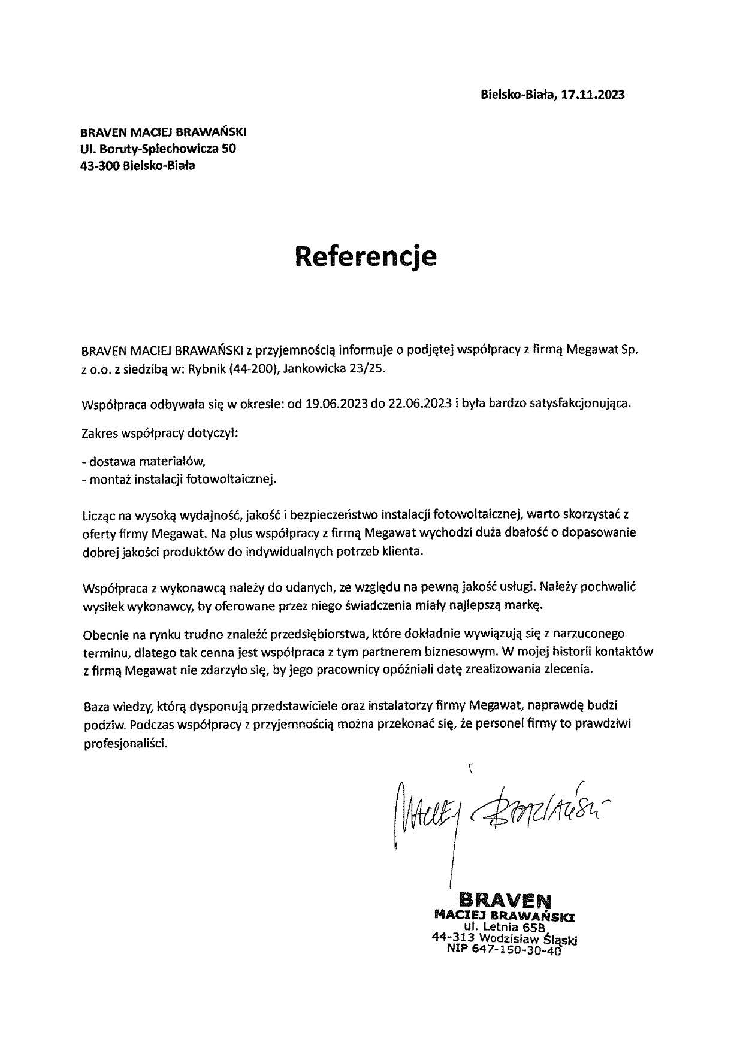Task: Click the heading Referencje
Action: pos(366,256)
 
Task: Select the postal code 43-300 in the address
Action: pos(100,166)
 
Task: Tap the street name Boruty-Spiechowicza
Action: pos(156,149)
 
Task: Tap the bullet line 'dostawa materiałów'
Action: pos(147,461)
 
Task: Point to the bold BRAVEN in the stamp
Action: pos(505,900)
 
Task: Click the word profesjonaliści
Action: pos(126,743)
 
